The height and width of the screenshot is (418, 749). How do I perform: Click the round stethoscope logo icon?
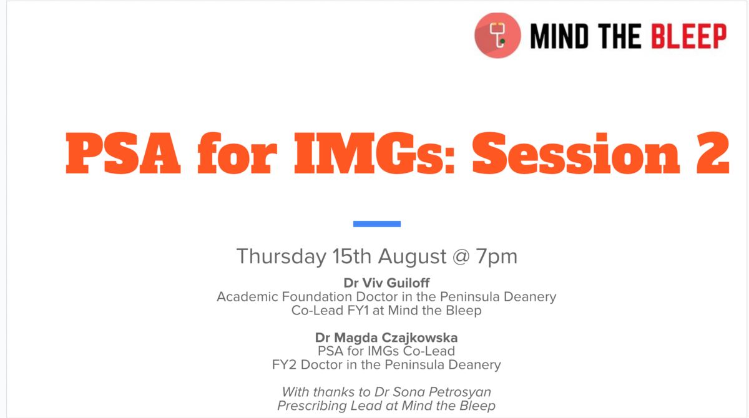point(497,36)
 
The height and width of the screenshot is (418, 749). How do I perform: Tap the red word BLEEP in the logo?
point(689,36)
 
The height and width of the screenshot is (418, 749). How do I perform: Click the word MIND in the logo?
point(559,36)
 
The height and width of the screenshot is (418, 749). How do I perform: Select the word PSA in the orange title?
point(123,153)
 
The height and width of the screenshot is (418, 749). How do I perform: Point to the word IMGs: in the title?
point(374,153)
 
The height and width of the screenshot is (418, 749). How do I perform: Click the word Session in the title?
point(576,153)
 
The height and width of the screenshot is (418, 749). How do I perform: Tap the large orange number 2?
point(713,153)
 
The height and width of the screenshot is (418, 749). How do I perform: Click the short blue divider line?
point(377,224)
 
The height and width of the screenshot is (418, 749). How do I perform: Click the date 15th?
point(352,256)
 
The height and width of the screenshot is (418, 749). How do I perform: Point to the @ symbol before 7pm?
point(461,257)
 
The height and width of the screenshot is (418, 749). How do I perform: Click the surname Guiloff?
point(408,283)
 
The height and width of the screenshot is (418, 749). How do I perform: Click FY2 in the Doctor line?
point(284,364)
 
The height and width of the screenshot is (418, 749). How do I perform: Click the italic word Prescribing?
point(312,406)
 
